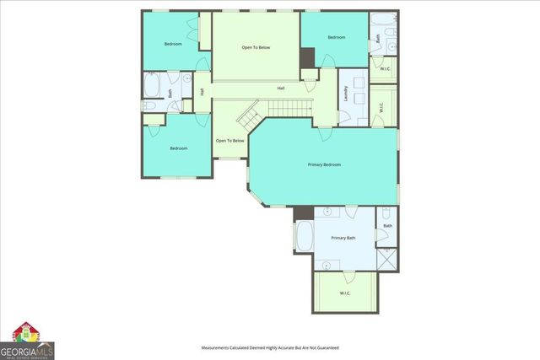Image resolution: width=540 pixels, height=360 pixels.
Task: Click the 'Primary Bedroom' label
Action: (x=324, y=164)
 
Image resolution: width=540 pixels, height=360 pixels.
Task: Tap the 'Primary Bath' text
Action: (x=343, y=239)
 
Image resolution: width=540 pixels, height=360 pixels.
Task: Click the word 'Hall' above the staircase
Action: (x=280, y=88)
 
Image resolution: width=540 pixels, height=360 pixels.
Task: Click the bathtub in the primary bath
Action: (x=305, y=237)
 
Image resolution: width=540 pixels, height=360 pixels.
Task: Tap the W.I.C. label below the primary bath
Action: (x=345, y=293)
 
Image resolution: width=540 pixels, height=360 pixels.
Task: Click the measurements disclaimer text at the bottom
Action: (x=269, y=347)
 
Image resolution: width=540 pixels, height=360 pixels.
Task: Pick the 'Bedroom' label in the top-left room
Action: (x=173, y=43)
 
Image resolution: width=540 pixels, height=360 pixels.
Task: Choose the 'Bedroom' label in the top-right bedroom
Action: (x=337, y=37)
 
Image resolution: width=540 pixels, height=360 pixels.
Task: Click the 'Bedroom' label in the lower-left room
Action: (x=178, y=148)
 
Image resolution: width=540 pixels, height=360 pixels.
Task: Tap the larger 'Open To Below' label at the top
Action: (x=256, y=47)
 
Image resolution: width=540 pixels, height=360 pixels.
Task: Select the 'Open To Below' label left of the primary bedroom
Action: (x=229, y=140)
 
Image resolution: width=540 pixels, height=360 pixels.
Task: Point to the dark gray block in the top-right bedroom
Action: (x=307, y=57)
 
